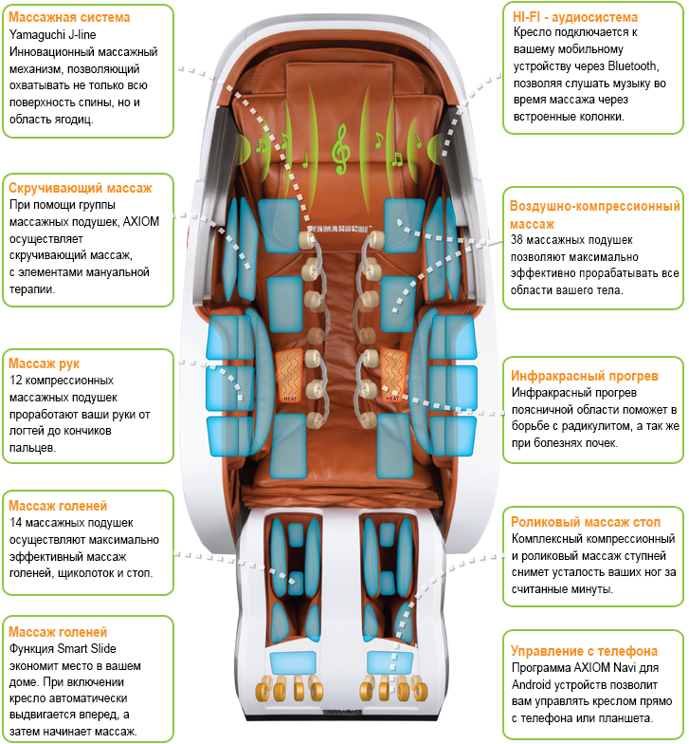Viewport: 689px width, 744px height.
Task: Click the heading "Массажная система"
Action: (68, 17)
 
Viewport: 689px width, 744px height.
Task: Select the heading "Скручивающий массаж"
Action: (80, 188)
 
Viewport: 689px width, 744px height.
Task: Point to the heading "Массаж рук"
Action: (44, 363)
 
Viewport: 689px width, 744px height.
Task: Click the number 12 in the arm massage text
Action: (15, 381)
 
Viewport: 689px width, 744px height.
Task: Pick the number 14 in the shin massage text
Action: (15, 523)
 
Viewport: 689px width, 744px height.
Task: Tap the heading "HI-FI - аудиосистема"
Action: (574, 17)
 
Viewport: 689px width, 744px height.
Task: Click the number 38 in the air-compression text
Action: (517, 241)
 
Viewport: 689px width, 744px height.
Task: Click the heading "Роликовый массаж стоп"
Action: (584, 522)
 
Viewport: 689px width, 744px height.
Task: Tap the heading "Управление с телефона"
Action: (584, 651)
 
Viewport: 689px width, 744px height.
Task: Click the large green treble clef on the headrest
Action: (338, 149)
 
